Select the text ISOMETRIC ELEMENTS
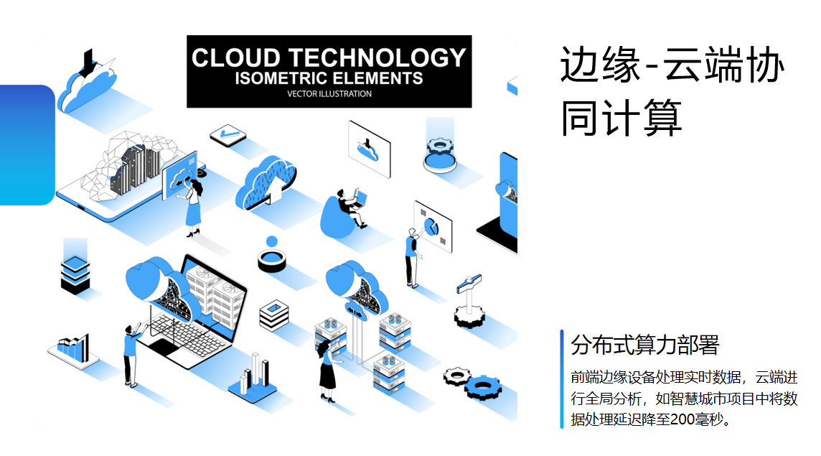pos(329,78)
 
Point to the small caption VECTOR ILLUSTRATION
pos(329,94)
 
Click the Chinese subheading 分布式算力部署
pos(644,345)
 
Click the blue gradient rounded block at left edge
pos(26,144)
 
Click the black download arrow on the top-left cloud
pos(89,63)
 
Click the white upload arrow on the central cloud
pos(274,190)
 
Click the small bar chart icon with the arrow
pos(72,348)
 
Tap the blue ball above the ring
pos(271,241)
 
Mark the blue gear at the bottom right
pos(482,388)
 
